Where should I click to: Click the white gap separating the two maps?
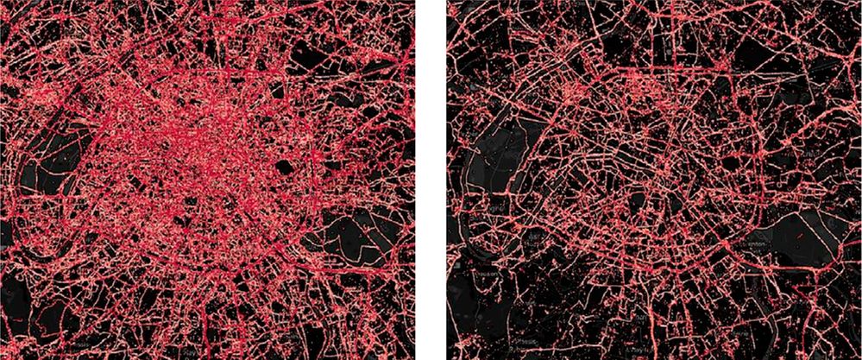pyautogui.click(x=431, y=180)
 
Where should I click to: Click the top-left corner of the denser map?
pyautogui.click(x=1, y=1)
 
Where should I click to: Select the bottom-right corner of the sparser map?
pyautogui.click(x=860, y=358)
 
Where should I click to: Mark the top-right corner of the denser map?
pyautogui.click(x=414, y=1)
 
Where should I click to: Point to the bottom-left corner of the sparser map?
pyautogui.click(x=448, y=358)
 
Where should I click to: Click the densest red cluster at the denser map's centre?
pyautogui.click(x=198, y=147)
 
